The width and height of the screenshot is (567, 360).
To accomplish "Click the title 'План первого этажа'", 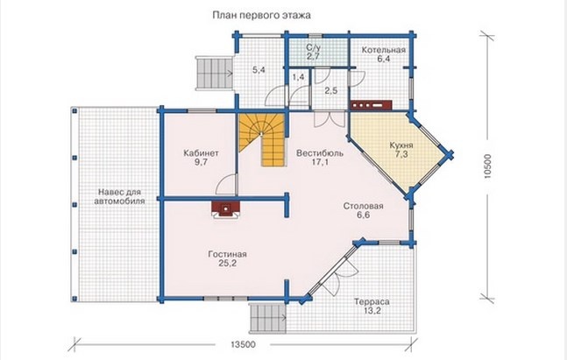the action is (x=261, y=15).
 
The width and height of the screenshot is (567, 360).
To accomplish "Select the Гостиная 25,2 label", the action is (x=227, y=258).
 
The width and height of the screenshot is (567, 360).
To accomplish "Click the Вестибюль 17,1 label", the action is (x=320, y=158).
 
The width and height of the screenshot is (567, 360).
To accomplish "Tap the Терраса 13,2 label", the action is (x=372, y=307).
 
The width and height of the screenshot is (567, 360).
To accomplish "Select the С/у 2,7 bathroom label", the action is (x=313, y=52).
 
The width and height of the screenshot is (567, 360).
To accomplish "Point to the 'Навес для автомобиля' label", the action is (x=119, y=196).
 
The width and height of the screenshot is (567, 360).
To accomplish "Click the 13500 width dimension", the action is (x=243, y=344).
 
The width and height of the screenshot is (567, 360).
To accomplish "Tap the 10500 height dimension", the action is (x=487, y=166).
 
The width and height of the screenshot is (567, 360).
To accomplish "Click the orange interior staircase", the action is (x=265, y=138).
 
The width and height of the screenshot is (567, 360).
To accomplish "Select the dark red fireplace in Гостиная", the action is (x=225, y=209).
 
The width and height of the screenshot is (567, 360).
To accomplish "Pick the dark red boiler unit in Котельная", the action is (x=371, y=104).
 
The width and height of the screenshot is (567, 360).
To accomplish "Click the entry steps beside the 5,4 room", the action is (x=214, y=73).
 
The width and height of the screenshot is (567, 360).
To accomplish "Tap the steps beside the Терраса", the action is (x=267, y=318).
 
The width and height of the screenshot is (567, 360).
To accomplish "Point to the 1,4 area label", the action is (x=298, y=77).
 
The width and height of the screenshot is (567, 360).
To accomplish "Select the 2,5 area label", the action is (x=331, y=91).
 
